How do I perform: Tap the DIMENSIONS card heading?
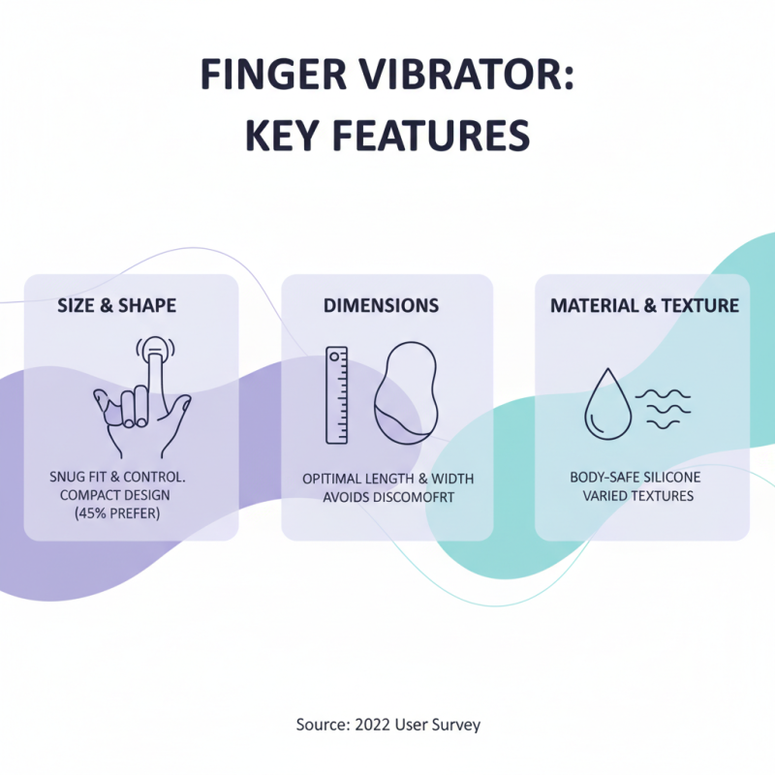(381, 306)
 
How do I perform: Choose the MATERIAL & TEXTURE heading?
(644, 306)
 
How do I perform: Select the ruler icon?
(337, 394)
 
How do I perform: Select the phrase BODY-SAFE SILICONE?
(635, 478)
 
